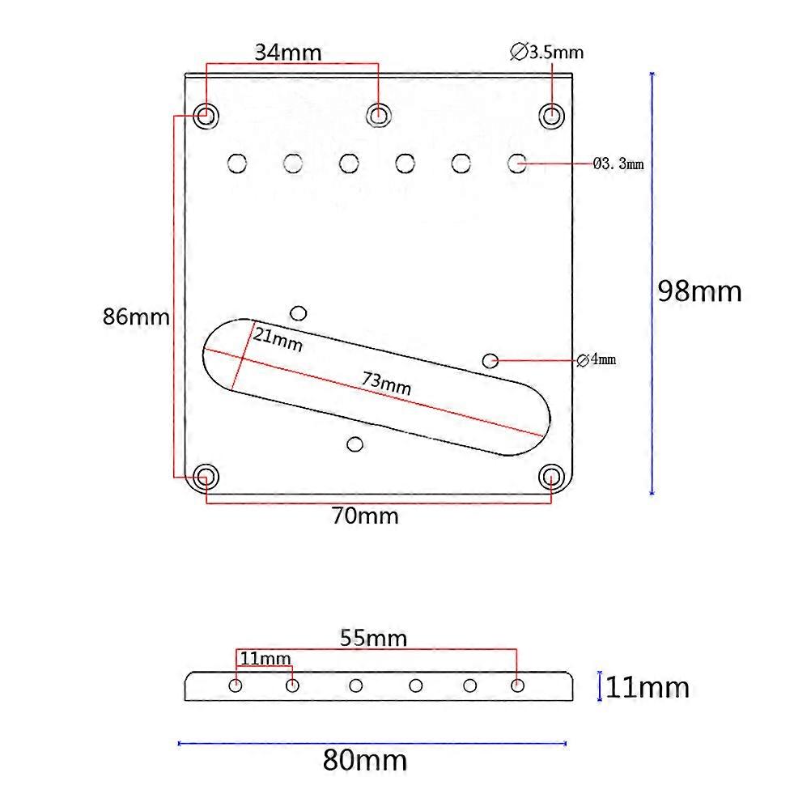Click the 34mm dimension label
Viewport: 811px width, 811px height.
tap(288, 53)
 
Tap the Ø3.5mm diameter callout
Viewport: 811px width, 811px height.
tap(547, 53)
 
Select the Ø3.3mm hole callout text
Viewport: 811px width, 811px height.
tap(618, 164)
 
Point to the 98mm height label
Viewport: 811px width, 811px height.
tap(699, 291)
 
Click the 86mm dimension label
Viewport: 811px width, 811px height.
tap(136, 316)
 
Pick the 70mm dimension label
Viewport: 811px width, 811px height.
tap(365, 516)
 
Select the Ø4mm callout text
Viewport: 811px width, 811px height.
tap(597, 359)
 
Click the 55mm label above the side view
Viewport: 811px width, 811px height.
tap(373, 638)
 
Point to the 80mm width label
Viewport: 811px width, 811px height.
tap(365, 761)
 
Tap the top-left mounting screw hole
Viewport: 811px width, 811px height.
tap(206, 116)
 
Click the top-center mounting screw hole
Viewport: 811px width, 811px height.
tap(378, 116)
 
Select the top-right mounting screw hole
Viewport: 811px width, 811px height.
tap(553, 115)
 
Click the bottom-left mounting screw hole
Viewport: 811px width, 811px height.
tap(206, 474)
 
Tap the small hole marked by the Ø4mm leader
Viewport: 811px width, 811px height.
tap(490, 359)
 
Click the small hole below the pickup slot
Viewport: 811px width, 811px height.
tap(354, 444)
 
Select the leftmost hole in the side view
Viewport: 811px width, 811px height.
tap(236, 686)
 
